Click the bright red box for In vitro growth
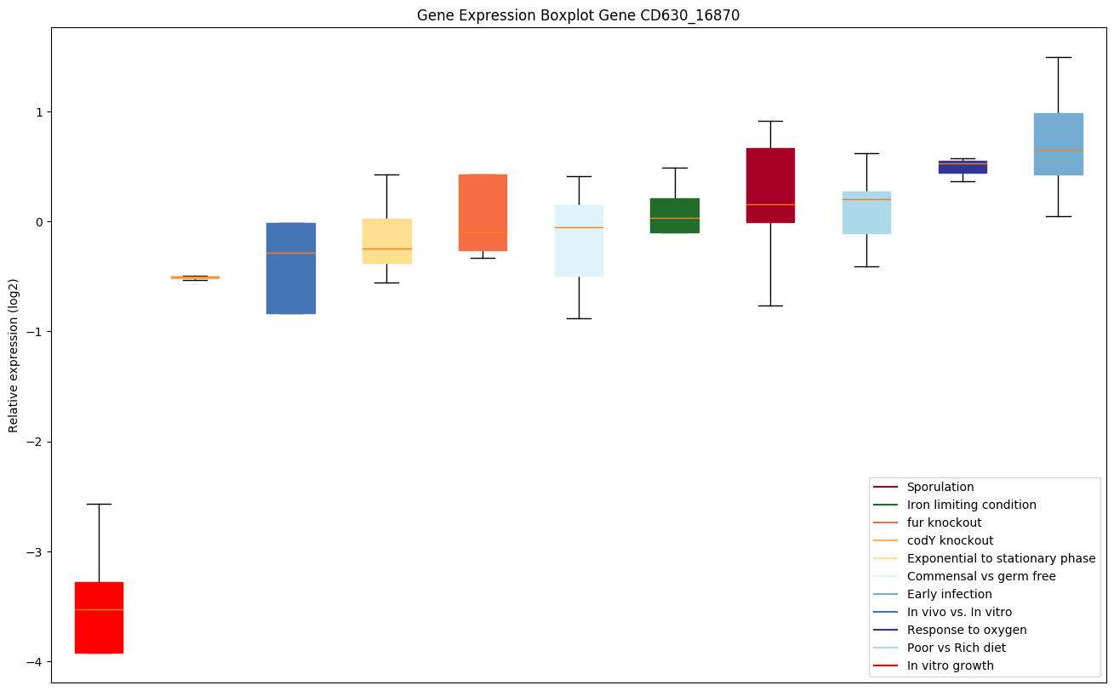(x=99, y=617)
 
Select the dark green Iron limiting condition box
(x=674, y=215)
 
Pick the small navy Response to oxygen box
(x=963, y=167)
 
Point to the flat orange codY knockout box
(x=195, y=277)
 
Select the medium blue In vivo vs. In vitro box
(x=291, y=268)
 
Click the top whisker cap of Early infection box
(x=1058, y=57)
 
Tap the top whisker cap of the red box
(x=99, y=504)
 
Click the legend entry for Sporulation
(x=940, y=487)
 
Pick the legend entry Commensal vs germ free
(x=980, y=576)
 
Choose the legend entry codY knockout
(x=950, y=540)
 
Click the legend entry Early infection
(x=949, y=594)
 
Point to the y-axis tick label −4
(x=36, y=662)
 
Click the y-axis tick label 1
(x=39, y=112)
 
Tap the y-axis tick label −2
(x=36, y=442)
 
